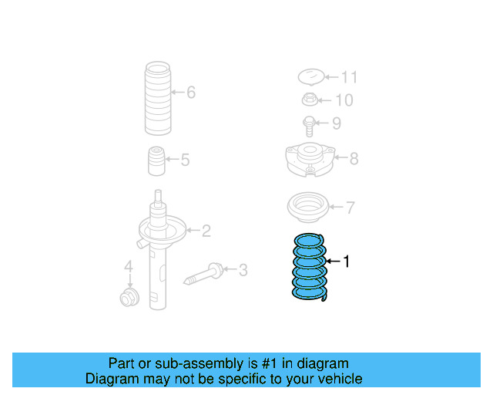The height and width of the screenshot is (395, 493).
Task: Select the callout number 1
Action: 346,262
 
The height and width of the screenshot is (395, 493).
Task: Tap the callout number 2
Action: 206,230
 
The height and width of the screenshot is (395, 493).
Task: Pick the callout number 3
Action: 243,270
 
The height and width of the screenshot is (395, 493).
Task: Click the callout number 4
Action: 129,268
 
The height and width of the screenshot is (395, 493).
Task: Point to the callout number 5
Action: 185,160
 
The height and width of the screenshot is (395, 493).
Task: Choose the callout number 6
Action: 190,93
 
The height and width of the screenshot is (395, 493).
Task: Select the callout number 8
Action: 354,159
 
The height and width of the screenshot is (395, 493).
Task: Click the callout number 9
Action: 336,123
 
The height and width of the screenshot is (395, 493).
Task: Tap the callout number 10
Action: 344,100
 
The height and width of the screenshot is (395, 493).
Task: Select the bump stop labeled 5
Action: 156,160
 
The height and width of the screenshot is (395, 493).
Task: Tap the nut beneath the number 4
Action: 129,297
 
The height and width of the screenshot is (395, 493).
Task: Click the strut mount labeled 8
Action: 309,157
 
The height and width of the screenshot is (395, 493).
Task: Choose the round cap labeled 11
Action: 310,77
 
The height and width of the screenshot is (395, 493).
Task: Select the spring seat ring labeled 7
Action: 307,208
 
